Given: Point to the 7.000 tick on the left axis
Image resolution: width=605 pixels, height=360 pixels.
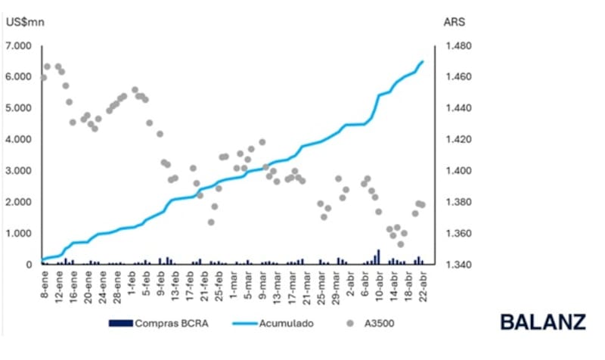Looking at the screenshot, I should pos(19,46).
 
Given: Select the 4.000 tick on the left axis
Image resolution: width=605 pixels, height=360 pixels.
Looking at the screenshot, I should pos(19,139).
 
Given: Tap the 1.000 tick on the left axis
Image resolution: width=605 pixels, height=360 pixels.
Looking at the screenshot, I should pos(19,233).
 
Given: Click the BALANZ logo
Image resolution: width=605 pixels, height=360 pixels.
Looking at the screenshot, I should pos(542,321).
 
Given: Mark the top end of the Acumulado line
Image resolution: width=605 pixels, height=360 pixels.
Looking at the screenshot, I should pos(423,61).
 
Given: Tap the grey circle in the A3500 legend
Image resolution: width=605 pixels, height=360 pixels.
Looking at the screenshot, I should pos(350,323).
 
